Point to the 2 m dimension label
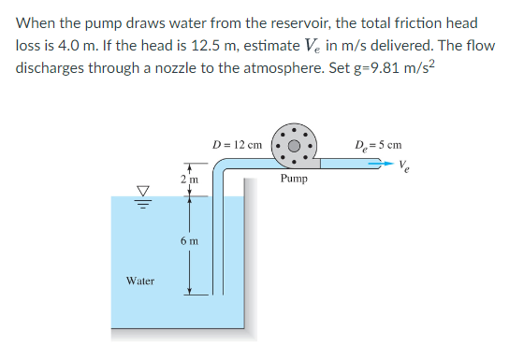coord(186,178)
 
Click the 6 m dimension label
coord(188,241)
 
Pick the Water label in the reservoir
coord(140,280)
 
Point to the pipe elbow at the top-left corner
coord(219,165)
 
